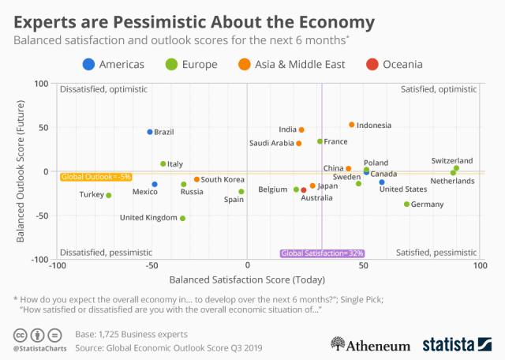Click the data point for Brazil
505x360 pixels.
click(150, 132)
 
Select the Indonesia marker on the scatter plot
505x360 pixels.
click(352, 125)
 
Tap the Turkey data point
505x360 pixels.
click(109, 195)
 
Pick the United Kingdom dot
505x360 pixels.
click(183, 218)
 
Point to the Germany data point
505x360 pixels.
click(407, 204)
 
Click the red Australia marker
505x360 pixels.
click(304, 190)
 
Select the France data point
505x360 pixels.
click(320, 141)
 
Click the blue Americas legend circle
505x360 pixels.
click(89, 64)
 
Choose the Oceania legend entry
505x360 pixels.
click(395, 64)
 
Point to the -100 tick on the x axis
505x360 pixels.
click(57, 267)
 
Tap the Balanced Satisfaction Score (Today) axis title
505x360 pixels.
click(247, 279)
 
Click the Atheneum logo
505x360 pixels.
click(370, 344)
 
